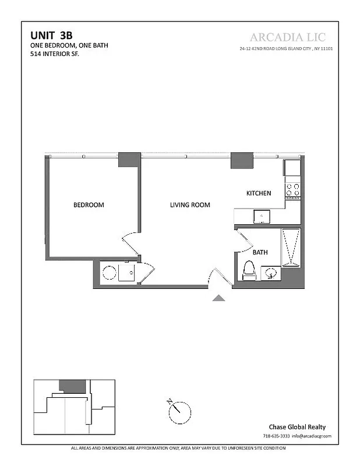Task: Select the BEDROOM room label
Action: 89,205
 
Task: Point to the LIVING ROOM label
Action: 190,205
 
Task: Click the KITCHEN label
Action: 259,193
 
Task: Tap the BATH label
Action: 260,253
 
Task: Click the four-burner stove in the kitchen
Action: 292,189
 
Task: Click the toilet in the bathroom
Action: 249,270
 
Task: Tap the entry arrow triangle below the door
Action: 218,298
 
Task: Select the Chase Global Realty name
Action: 296,426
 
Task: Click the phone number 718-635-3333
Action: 276,436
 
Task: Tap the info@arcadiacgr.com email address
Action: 312,436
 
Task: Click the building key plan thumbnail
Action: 74,406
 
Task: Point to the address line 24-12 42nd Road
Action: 286,49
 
